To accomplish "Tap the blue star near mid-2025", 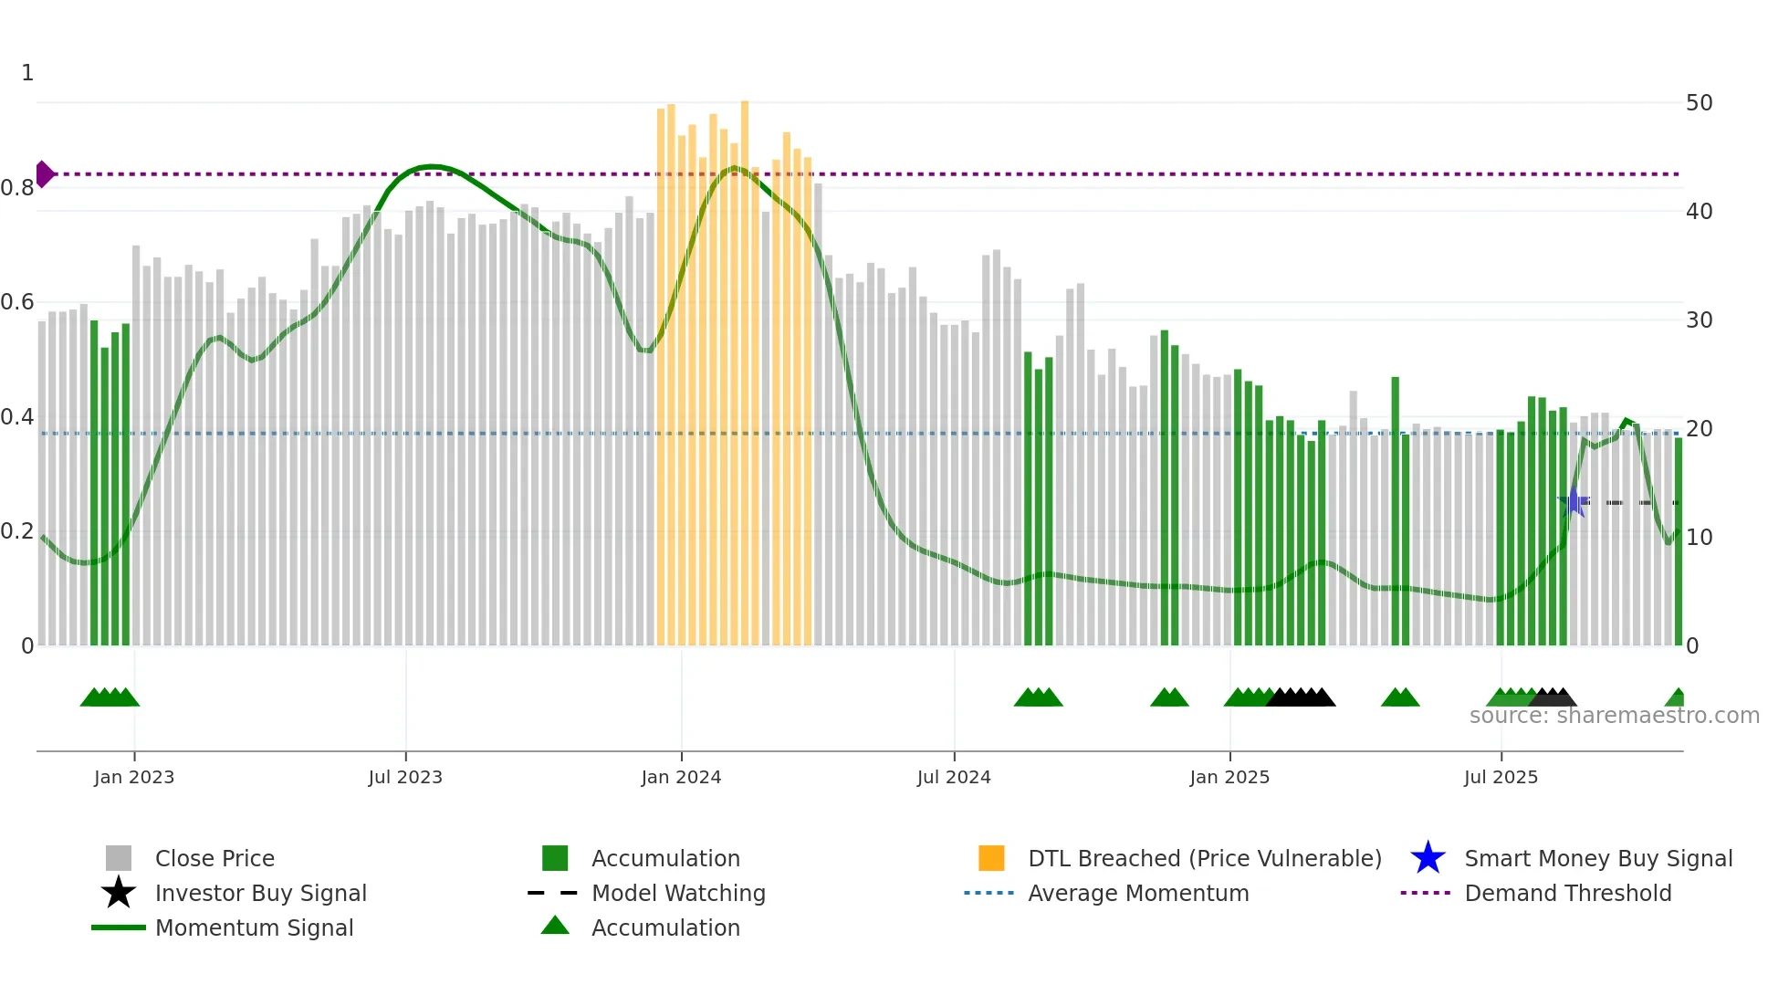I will tap(1574, 502).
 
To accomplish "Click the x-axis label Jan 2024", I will tap(681, 778).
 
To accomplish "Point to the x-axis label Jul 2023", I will tap(405, 778).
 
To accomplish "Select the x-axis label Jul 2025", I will tap(1501, 778).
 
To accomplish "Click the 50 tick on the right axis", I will tap(1699, 103).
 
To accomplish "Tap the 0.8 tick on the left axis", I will tap(17, 188).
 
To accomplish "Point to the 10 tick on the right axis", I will tap(1699, 538).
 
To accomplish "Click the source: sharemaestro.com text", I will tap(1614, 716).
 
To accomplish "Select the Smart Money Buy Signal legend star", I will tap(1428, 858).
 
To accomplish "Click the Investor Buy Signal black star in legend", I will tap(119, 893).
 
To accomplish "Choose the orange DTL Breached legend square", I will tap(991, 858).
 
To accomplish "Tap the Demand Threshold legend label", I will tap(1567, 893).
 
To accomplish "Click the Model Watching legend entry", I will tap(678, 893).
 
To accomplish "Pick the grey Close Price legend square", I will tap(119, 858).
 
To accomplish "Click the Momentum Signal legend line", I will tap(119, 927).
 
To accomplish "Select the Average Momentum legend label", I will tap(1137, 893).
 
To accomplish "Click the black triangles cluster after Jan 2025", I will tap(1301, 698).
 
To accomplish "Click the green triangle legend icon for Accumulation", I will tap(555, 927).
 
